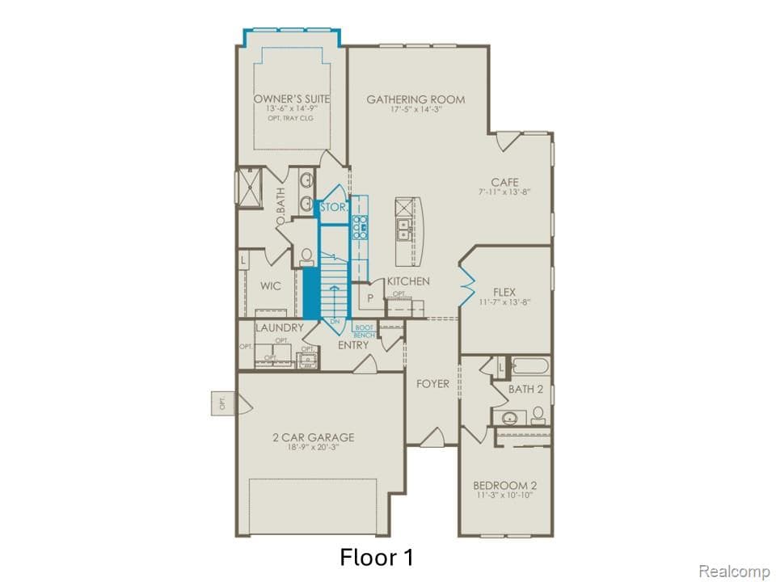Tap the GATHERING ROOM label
pyautogui.click(x=415, y=99)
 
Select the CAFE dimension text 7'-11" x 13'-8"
pyautogui.click(x=504, y=193)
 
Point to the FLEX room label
pyautogui.click(x=504, y=292)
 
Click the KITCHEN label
pyautogui.click(x=408, y=280)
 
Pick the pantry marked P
pyautogui.click(x=371, y=297)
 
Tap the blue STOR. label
pyautogui.click(x=333, y=208)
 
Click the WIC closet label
pyautogui.click(x=270, y=285)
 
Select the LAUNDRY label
pyautogui.click(x=279, y=328)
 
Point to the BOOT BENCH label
pyautogui.click(x=364, y=331)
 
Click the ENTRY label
pyautogui.click(x=353, y=345)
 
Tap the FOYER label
pyautogui.click(x=432, y=384)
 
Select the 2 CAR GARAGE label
pyautogui.click(x=313, y=437)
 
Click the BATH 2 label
pyautogui.click(x=525, y=389)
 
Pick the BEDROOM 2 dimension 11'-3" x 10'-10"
pyautogui.click(x=504, y=496)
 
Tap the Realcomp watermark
pyautogui.click(x=733, y=571)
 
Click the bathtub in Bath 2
pyautogui.click(x=529, y=366)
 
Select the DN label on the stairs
pyautogui.click(x=333, y=322)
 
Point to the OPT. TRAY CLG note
pyautogui.click(x=290, y=119)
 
